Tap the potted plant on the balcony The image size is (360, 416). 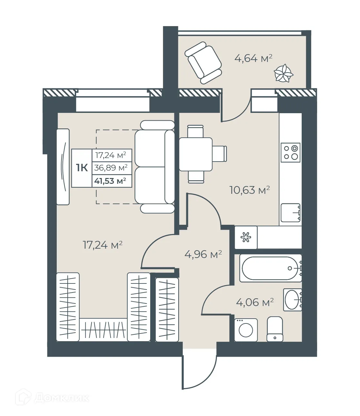[x=284, y=74]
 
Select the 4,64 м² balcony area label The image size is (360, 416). [x=253, y=58]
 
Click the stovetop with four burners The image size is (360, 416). [x=290, y=153]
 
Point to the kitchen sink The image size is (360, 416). [x=290, y=213]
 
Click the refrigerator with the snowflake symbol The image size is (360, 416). [x=246, y=238]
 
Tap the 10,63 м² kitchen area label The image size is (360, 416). [x=249, y=190]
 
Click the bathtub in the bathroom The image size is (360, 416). [x=270, y=268]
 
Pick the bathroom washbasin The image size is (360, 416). [x=292, y=300]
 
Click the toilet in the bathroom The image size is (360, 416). [x=275, y=329]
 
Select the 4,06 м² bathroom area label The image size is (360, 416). [x=255, y=302]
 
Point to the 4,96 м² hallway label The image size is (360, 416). [x=203, y=254]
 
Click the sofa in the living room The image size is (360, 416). [x=154, y=167]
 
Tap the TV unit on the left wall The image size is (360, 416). [x=63, y=167]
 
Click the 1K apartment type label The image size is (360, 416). [x=82, y=168]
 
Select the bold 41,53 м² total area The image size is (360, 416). [x=110, y=181]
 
